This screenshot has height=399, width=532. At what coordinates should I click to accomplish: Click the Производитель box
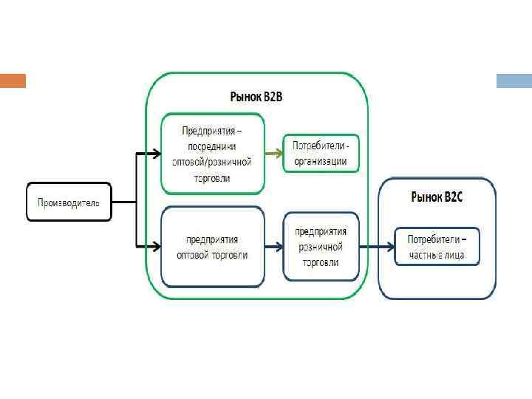(x=69, y=202)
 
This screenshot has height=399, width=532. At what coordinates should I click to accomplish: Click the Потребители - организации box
(x=321, y=153)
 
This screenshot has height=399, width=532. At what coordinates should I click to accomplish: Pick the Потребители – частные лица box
(x=436, y=248)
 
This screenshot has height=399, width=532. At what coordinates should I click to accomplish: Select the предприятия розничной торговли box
(x=321, y=247)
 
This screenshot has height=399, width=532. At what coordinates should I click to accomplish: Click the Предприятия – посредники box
(x=212, y=154)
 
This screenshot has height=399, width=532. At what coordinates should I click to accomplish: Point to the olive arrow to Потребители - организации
(x=273, y=153)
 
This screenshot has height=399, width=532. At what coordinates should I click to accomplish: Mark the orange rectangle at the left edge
(x=13, y=81)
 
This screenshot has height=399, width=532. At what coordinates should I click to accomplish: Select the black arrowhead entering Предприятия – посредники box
(x=156, y=154)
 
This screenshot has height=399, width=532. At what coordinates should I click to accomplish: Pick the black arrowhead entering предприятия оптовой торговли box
(x=156, y=245)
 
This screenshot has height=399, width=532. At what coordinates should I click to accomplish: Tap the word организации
(x=321, y=161)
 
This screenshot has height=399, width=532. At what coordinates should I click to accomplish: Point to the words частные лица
(x=437, y=256)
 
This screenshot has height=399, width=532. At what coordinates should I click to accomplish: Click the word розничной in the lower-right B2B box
(x=321, y=247)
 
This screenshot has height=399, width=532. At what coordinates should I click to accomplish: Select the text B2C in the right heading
(x=452, y=197)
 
